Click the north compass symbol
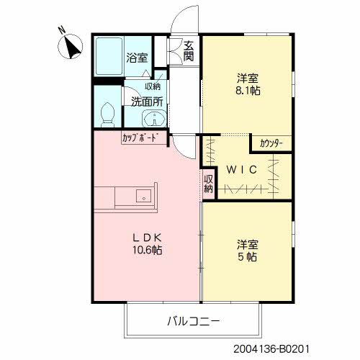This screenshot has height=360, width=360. pyautogui.click(x=71, y=47)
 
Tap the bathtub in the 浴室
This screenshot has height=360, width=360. pyautogui.click(x=109, y=56)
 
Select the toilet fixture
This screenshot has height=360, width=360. pyautogui.click(x=108, y=114)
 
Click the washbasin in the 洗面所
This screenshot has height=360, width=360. pyautogui.click(x=154, y=119)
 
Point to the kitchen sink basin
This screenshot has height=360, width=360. pyautogui.click(x=144, y=196)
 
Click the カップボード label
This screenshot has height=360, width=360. pyautogui.click(x=140, y=138)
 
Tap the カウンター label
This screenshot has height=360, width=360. pyautogui.click(x=271, y=144)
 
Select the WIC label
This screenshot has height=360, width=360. pyautogui.click(x=242, y=170)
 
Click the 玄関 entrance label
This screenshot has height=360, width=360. pyautogui.click(x=189, y=51)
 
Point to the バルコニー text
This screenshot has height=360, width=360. pyautogui.click(x=193, y=321)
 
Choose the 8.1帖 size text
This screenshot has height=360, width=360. pyautogui.click(x=248, y=91)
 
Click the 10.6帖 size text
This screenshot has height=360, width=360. pyautogui.click(x=148, y=250)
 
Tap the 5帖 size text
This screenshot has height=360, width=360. pyautogui.click(x=247, y=257)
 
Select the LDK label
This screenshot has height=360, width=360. pyautogui.click(x=147, y=238)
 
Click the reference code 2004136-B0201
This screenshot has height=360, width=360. pyautogui.click(x=271, y=349)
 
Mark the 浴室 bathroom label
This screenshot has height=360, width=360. pyautogui.click(x=137, y=58)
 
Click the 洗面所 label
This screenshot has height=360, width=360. pyautogui.click(x=147, y=102)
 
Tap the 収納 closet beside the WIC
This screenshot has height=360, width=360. pyautogui.click(x=209, y=184)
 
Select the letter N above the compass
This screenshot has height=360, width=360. pyautogui.click(x=62, y=30)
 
